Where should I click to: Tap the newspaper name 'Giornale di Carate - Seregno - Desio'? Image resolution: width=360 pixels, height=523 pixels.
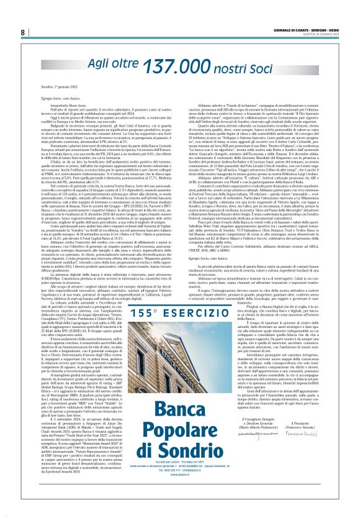(307, 29)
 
